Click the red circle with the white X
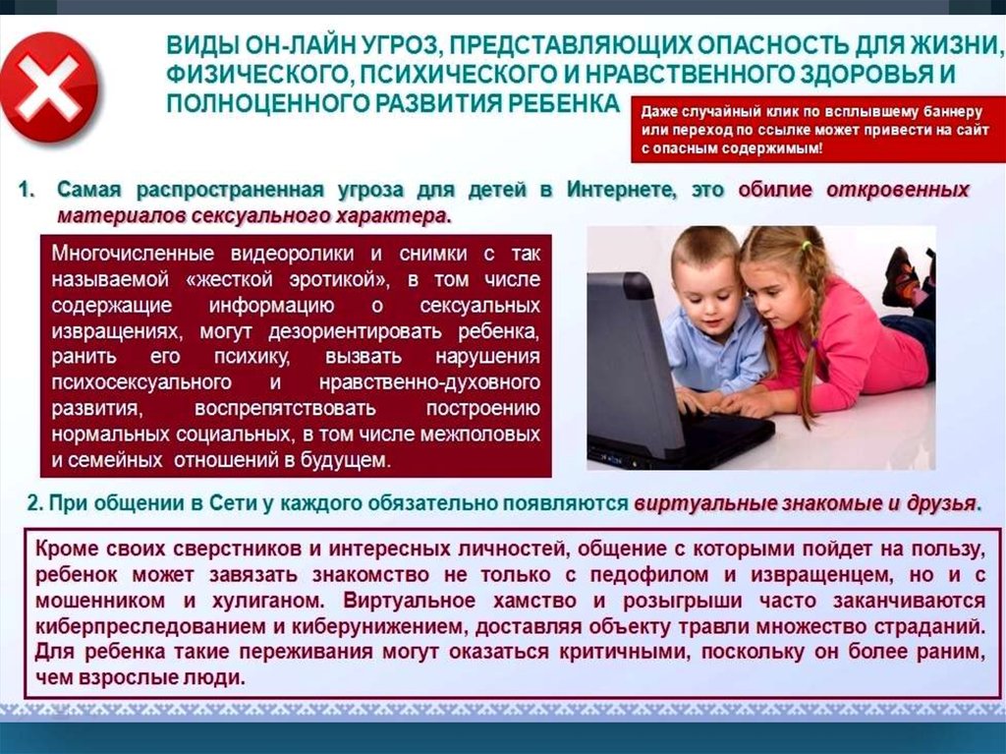tap(49, 87)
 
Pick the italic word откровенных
tap(898, 190)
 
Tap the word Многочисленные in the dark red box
tap(133, 254)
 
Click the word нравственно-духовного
tap(429, 382)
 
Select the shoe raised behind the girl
tap(902, 277)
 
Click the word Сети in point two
tap(234, 504)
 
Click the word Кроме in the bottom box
tap(67, 550)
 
